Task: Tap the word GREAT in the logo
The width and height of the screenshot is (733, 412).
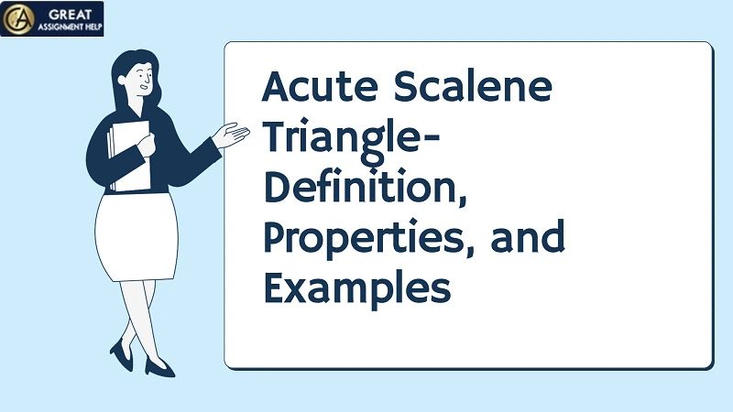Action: point(63,13)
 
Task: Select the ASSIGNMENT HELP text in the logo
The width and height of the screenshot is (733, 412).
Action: point(70,27)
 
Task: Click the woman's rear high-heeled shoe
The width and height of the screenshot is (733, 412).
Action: point(121,352)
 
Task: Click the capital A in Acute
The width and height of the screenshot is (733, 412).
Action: point(277,90)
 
